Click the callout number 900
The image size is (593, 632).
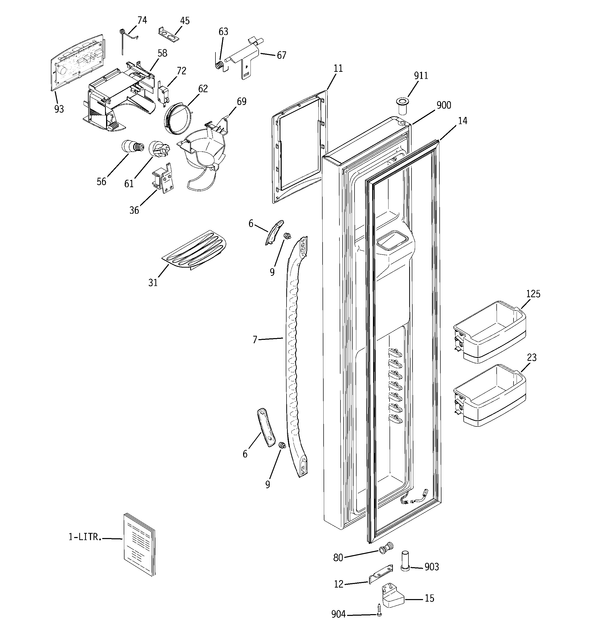point(444,105)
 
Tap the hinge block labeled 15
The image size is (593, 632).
point(393,598)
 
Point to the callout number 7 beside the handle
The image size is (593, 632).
point(255,340)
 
